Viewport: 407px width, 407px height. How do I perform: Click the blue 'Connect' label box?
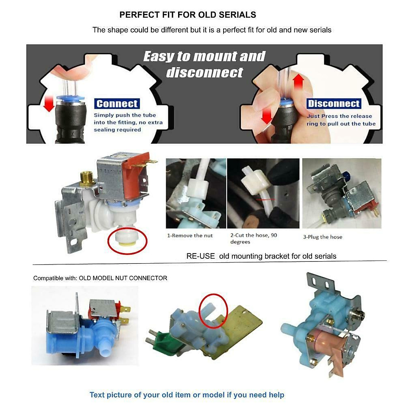117,104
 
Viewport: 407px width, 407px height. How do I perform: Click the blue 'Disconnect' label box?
334,104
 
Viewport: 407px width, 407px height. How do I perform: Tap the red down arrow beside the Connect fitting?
49,103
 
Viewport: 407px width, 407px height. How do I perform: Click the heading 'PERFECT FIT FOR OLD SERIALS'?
188,15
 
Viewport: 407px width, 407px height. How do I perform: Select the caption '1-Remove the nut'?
190,235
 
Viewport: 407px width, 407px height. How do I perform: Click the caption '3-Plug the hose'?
323,237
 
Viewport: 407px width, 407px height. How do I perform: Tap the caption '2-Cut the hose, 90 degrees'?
253,238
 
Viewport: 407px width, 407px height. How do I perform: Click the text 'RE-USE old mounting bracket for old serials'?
261,256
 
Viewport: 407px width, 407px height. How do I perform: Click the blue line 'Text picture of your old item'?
187,395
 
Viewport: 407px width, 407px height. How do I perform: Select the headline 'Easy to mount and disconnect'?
204,64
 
